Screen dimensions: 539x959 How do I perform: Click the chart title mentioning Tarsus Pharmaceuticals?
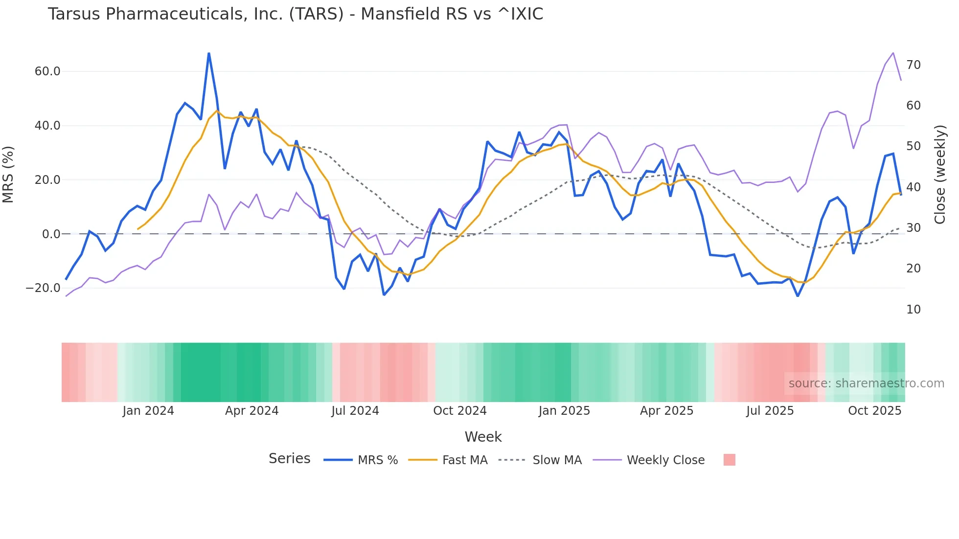pyautogui.click(x=295, y=14)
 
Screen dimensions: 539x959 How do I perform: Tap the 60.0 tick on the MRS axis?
pyautogui.click(x=47, y=71)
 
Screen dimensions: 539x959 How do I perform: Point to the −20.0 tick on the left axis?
pyautogui.click(x=43, y=288)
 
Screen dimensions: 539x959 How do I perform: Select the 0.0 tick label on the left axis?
pyautogui.click(x=51, y=234)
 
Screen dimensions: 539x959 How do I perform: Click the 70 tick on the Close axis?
pyautogui.click(x=913, y=65)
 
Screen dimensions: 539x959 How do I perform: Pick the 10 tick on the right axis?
pyautogui.click(x=913, y=310)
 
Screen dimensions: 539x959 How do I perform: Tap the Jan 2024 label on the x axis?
pyautogui.click(x=148, y=411)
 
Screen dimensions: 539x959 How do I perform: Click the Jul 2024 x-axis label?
pyautogui.click(x=355, y=411)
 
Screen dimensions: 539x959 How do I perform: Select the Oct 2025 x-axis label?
pyautogui.click(x=874, y=411)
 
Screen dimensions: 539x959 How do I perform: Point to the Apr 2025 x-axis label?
pyautogui.click(x=666, y=411)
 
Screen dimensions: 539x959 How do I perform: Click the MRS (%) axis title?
pyautogui.click(x=8, y=174)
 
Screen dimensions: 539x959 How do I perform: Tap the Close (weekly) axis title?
pyautogui.click(x=940, y=174)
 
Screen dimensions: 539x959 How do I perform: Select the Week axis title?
pyautogui.click(x=483, y=437)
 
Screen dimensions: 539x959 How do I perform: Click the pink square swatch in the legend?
pyautogui.click(x=729, y=460)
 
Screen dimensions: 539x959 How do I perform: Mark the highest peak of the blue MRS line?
pyautogui.click(x=209, y=53)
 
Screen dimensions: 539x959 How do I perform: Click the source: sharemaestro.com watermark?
pyautogui.click(x=866, y=383)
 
